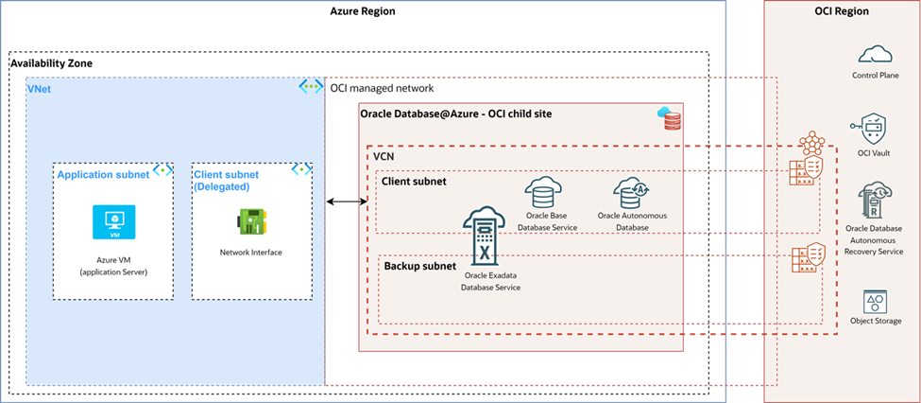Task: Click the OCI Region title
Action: (842, 11)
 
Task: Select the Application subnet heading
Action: (102, 174)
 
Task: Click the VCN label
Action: (384, 154)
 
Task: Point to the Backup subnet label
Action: (420, 266)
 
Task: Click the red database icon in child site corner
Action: (669, 118)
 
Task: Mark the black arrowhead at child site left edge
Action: (363, 201)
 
